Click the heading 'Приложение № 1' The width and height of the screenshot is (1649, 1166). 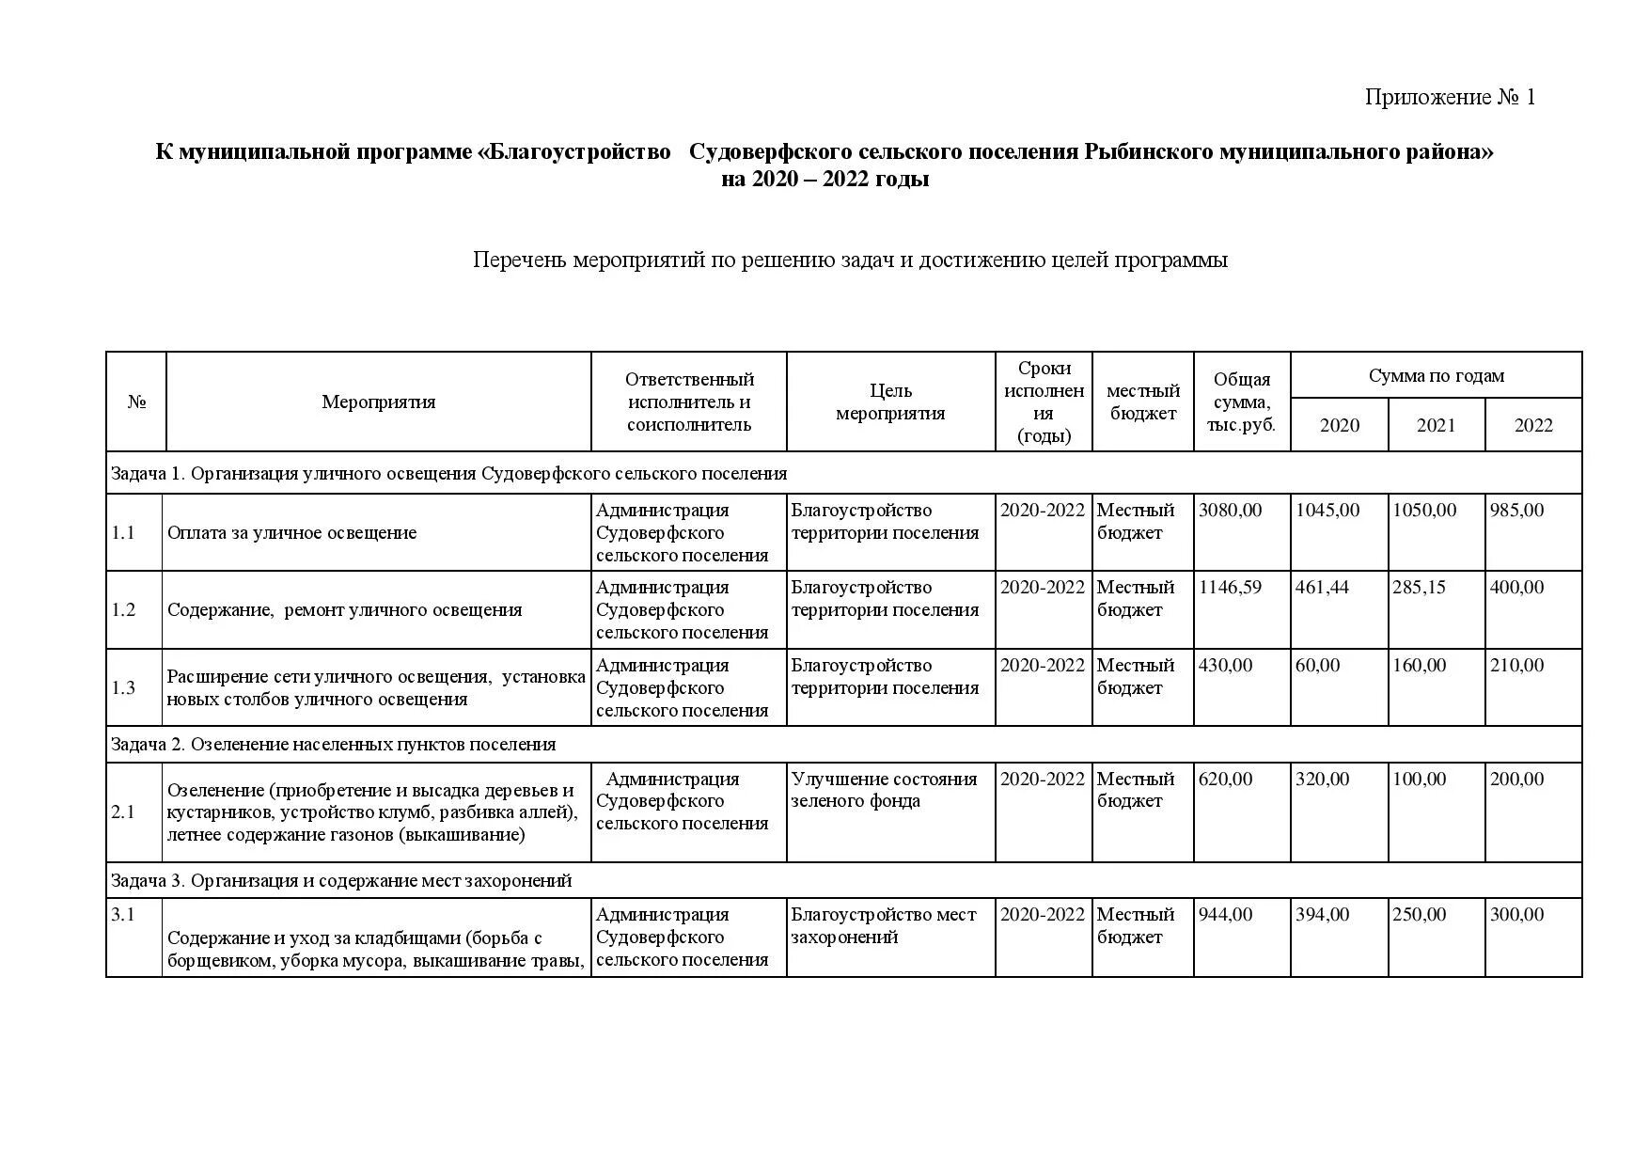[1450, 97]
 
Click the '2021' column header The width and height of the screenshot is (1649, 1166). [1436, 425]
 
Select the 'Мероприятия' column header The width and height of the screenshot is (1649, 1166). [378, 402]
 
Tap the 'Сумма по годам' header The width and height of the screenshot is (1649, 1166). [1436, 376]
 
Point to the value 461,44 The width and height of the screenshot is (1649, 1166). [1322, 588]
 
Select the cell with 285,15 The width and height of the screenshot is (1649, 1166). [1419, 588]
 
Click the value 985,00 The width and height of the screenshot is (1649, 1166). [1516, 511]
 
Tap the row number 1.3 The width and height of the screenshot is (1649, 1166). [123, 688]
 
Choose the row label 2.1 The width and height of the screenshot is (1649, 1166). [123, 812]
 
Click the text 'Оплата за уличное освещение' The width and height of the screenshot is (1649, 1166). [291, 533]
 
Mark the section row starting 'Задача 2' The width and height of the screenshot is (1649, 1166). [333, 745]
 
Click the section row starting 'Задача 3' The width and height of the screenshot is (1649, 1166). [341, 881]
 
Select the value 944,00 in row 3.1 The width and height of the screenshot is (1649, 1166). [1225, 915]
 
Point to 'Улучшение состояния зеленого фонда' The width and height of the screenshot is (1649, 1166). [884, 790]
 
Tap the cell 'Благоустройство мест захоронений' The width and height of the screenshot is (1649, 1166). [884, 926]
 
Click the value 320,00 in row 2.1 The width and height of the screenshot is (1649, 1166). [1322, 780]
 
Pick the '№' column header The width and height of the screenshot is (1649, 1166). [136, 402]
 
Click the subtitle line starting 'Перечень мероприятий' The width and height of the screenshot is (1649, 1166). [850, 260]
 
